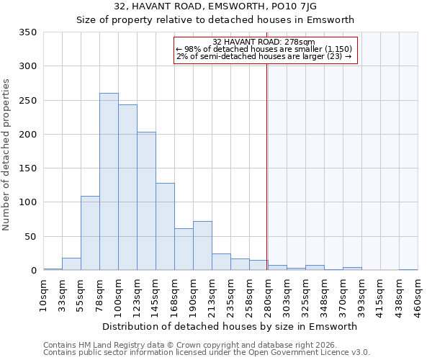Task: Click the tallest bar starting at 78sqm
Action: click(109, 181)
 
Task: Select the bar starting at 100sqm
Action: click(127, 187)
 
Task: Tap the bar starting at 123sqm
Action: click(146, 201)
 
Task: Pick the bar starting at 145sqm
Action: click(165, 227)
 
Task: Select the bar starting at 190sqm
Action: click(202, 246)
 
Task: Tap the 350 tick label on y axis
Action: click(27, 32)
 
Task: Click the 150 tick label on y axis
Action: click(27, 168)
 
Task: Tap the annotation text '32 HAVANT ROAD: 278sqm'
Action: click(264, 42)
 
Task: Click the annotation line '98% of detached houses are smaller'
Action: click(264, 49)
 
